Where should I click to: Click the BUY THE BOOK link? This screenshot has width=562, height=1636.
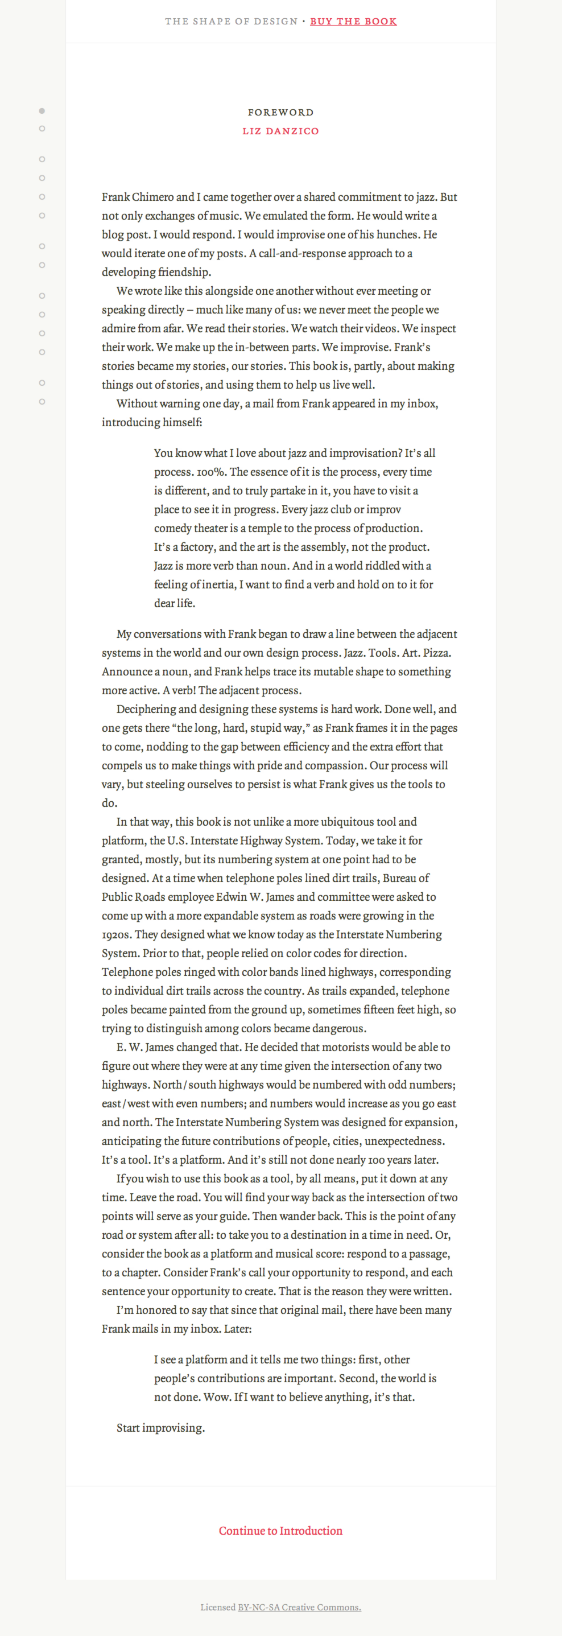pos(353,22)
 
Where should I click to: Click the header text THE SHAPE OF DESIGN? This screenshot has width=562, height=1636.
pos(231,22)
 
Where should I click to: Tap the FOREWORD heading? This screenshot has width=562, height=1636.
pos(280,113)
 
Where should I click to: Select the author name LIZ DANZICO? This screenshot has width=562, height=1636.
pos(280,131)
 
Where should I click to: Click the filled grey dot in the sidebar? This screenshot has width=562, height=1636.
pos(42,111)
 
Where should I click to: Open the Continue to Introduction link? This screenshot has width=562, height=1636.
pos(280,1531)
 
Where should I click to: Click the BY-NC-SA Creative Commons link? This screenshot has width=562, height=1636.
pos(299,1608)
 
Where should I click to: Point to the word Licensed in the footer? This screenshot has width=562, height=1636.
pos(218,1608)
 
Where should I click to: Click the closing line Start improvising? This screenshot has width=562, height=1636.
pos(160,1428)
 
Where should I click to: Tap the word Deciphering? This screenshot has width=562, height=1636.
pos(146,710)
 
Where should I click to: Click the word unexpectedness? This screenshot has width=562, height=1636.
pos(404,1142)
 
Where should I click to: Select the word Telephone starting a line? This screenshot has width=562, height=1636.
pos(127,972)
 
